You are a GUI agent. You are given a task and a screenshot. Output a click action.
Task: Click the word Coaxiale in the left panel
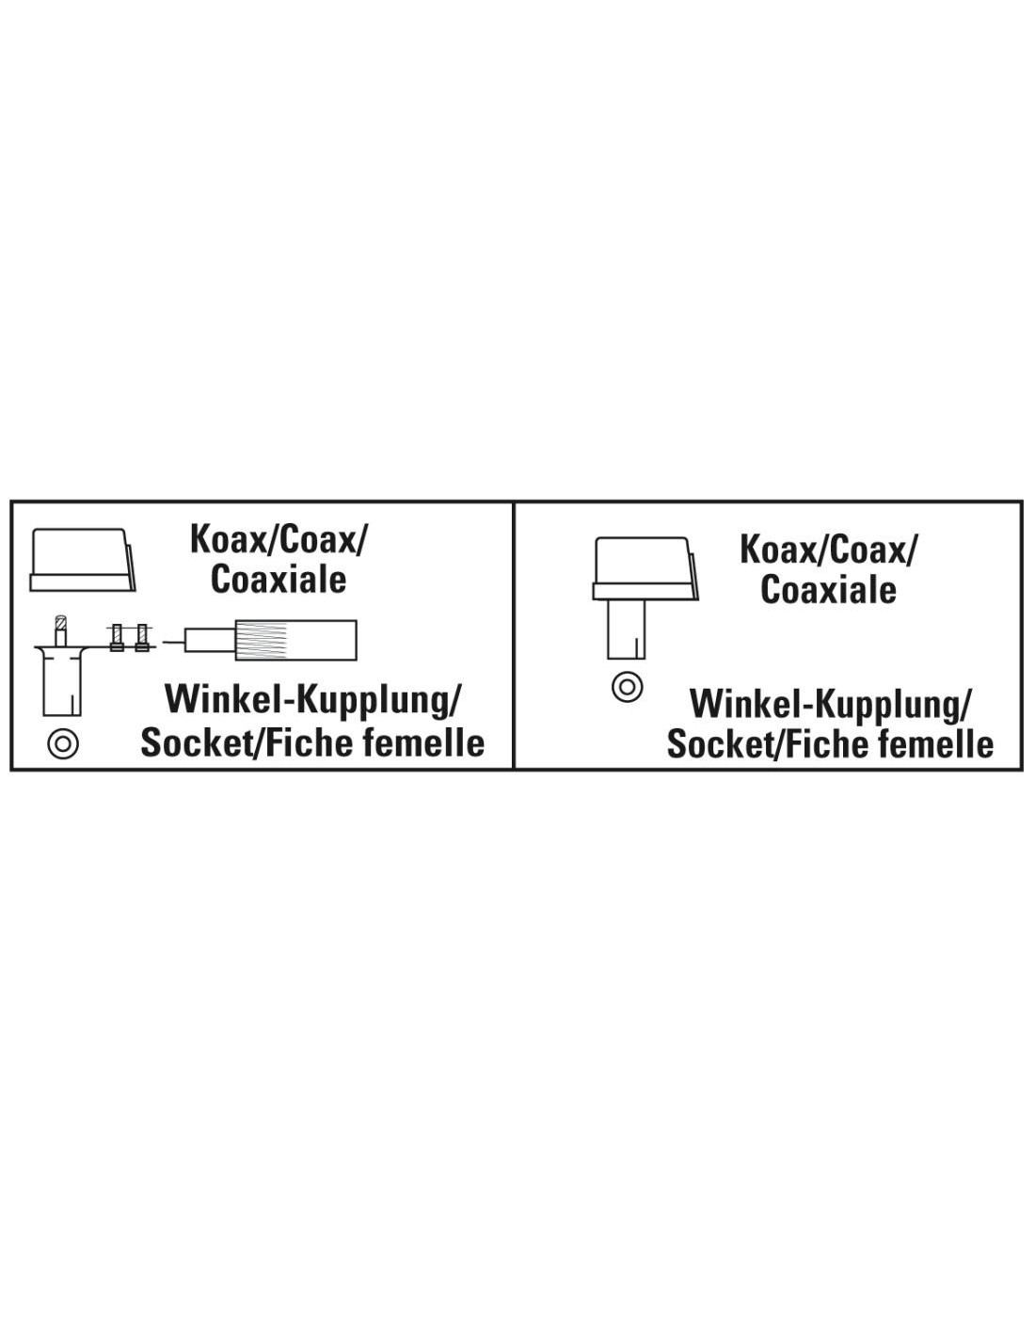pyautogui.click(x=279, y=580)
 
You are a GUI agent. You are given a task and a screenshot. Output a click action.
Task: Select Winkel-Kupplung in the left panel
pyautogui.click(x=312, y=701)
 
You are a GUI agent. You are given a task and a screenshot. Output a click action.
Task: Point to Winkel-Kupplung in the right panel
pyautogui.click(x=830, y=705)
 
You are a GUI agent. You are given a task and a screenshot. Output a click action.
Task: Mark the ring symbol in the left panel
pyautogui.click(x=63, y=743)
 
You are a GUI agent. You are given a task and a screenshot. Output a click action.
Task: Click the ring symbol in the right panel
pyautogui.click(x=628, y=687)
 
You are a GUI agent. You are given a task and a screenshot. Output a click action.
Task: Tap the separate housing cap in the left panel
pyautogui.click(x=83, y=560)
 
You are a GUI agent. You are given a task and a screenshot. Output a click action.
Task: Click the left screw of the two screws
pyautogui.click(x=117, y=637)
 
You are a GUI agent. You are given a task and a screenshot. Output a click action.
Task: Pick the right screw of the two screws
pyautogui.click(x=143, y=637)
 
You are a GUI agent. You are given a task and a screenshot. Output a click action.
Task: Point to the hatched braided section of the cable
pyautogui.click(x=261, y=641)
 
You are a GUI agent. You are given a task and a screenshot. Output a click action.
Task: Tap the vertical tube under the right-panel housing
pyautogui.click(x=627, y=629)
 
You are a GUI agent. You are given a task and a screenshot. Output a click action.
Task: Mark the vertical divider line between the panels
pyautogui.click(x=514, y=635)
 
